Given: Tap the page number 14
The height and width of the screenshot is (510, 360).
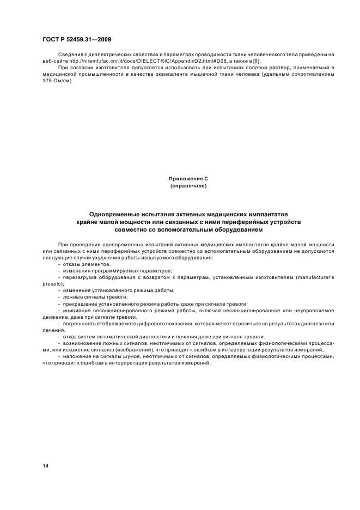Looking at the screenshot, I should pos(46,466).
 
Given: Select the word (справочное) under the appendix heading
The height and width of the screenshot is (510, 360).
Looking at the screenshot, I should pos(188,186).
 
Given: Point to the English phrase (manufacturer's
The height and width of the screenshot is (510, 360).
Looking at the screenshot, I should pos(315,277).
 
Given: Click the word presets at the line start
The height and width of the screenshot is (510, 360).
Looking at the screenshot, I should pos(53,284).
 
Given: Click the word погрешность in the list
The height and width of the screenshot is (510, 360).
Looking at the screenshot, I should pos(78,323).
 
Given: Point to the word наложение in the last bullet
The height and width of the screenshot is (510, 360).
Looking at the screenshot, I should pos(76,356).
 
